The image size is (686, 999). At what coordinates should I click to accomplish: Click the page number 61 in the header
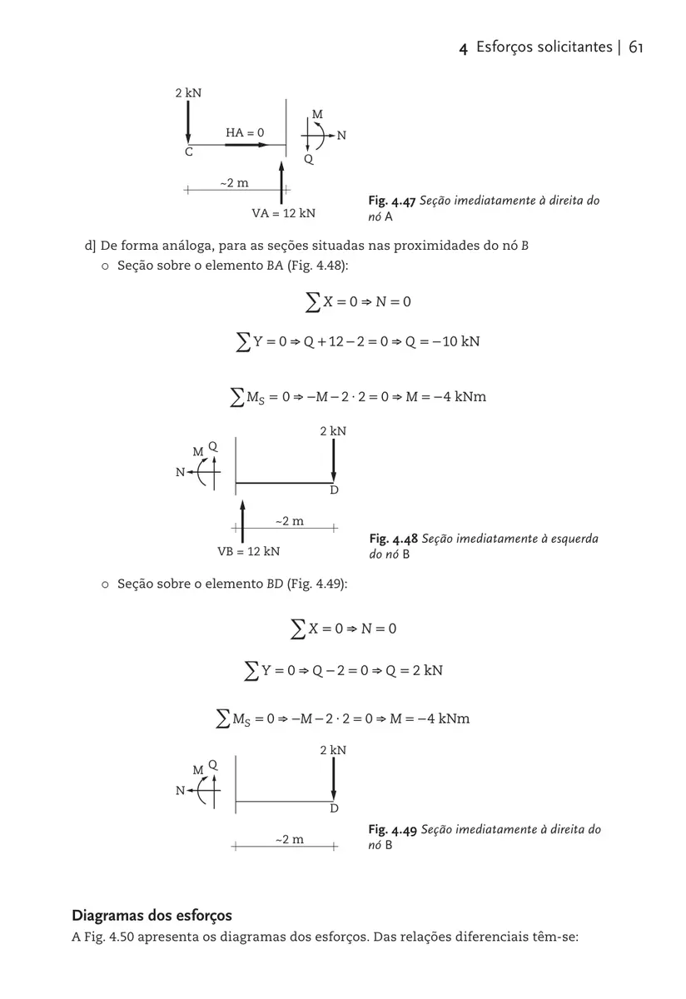(636, 47)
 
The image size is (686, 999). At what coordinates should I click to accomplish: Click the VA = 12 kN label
(283, 213)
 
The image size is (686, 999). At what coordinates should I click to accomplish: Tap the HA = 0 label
(245, 132)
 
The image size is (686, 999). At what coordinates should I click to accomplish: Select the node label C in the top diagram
(189, 152)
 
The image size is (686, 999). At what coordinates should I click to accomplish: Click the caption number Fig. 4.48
(393, 539)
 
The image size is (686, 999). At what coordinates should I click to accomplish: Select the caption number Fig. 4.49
(392, 830)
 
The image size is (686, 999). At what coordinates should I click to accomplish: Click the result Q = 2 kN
(414, 670)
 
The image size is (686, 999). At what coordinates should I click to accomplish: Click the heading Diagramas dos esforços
(152, 917)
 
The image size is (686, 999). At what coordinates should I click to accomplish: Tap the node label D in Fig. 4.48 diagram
(334, 490)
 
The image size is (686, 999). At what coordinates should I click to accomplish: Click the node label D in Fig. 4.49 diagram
(334, 808)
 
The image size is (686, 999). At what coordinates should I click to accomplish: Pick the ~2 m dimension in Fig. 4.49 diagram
(289, 840)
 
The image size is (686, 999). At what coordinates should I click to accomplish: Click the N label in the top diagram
(341, 135)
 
